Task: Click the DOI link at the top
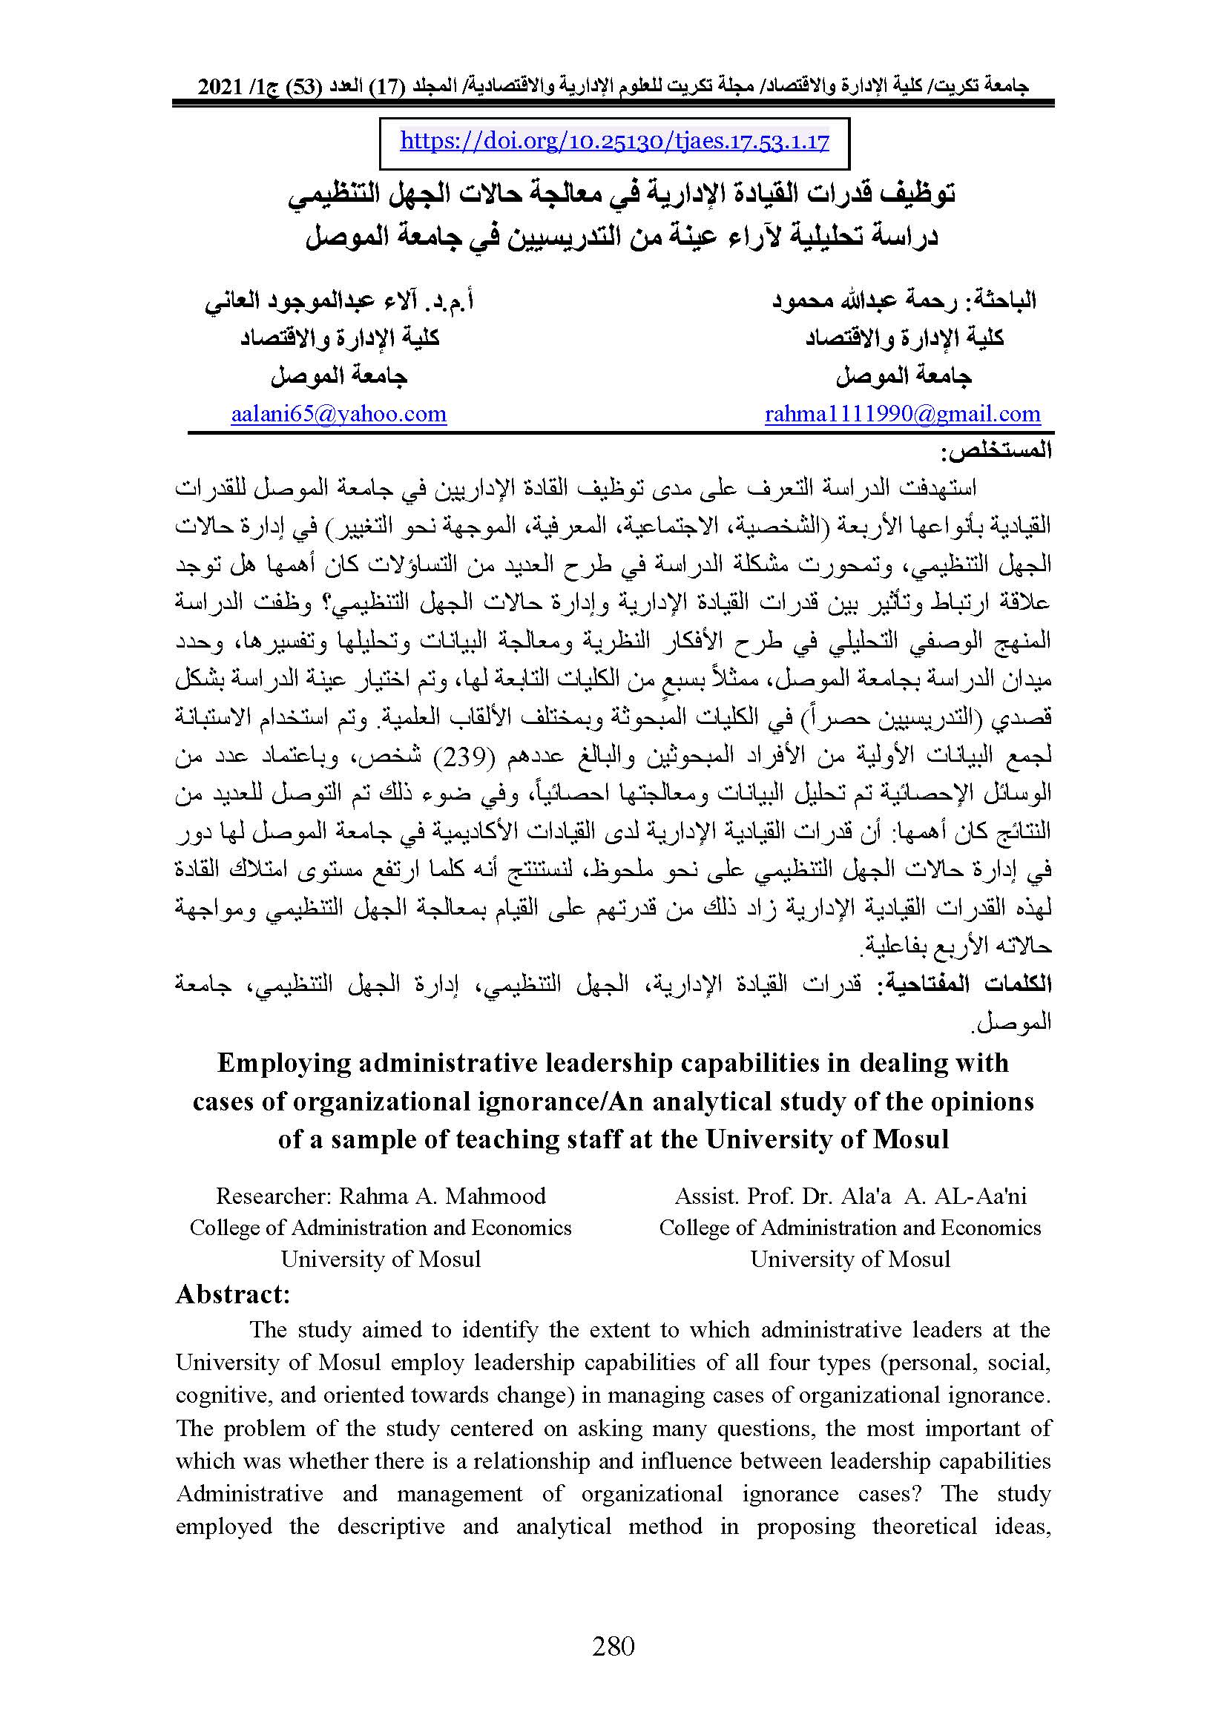pyautogui.click(x=614, y=142)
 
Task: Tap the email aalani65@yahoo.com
pyautogui.click(x=338, y=414)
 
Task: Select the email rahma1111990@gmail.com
pyautogui.click(x=902, y=414)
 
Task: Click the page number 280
pyautogui.click(x=613, y=1645)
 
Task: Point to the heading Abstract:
pyautogui.click(x=233, y=1294)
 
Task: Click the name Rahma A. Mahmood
pyautogui.click(x=442, y=1196)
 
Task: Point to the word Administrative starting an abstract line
pyautogui.click(x=249, y=1494)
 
